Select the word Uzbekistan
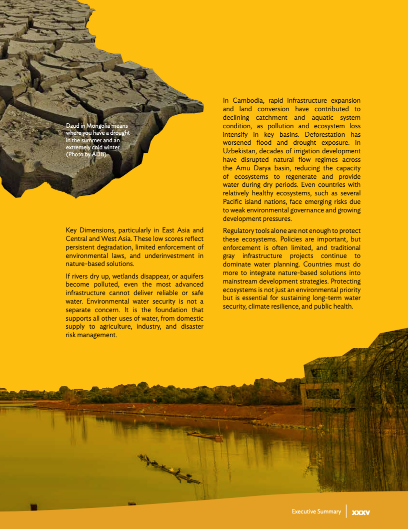242,151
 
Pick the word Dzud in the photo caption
73,126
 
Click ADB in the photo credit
98,154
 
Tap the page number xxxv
360,512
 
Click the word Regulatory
240,230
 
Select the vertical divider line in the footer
346,511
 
